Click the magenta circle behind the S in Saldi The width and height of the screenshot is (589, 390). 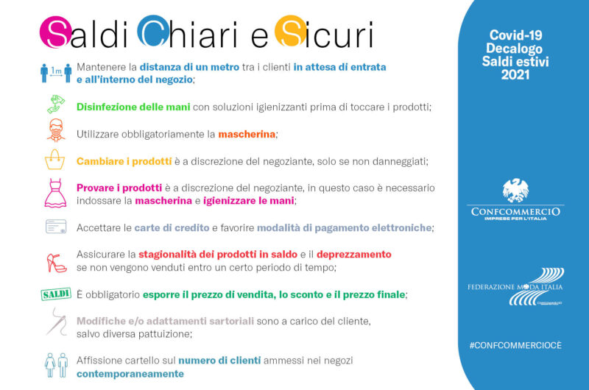56,32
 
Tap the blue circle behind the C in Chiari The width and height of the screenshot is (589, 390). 153,31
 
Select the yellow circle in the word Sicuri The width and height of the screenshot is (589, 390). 291,31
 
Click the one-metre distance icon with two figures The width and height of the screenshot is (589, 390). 56,73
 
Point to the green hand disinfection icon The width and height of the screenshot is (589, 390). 56,104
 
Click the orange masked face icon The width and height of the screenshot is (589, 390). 56,130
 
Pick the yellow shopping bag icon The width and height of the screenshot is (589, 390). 54,160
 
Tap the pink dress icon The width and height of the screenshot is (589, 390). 56,193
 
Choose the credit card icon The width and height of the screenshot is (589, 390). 56,227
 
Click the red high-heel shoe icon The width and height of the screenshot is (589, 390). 57,263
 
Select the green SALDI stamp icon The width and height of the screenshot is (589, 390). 56,294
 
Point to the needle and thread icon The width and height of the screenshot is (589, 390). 57,322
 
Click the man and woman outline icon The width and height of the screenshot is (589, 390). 57,365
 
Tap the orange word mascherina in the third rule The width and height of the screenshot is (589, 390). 247,134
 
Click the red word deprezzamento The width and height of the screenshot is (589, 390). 354,255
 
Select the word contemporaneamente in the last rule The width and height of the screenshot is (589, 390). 130,374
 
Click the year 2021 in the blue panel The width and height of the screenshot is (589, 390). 515,75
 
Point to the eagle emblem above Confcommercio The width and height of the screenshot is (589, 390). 515,191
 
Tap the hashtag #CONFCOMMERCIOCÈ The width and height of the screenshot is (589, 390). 515,345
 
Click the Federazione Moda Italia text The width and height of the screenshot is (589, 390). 515,287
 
